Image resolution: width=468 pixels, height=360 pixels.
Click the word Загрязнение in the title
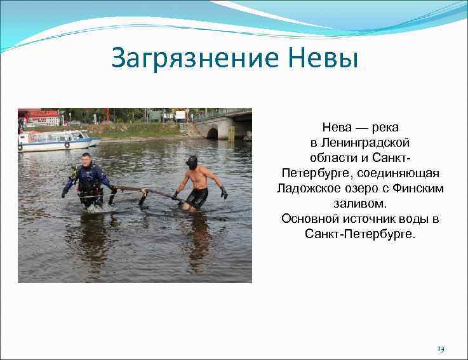(188, 58)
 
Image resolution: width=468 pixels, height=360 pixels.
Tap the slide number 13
(441, 349)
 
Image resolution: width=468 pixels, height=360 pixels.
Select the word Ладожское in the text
(308, 189)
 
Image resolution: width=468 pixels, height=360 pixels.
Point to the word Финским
(418, 189)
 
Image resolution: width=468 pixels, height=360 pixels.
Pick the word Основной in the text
(309, 219)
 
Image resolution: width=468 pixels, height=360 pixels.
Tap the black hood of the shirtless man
(191, 162)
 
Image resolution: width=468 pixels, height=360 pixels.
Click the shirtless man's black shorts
(197, 197)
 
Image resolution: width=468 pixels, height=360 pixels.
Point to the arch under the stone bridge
(213, 133)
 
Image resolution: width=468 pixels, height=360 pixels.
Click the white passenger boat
(54, 140)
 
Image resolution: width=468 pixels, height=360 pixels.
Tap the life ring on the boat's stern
(67, 144)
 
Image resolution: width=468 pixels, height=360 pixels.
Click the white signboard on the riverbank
(180, 116)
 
